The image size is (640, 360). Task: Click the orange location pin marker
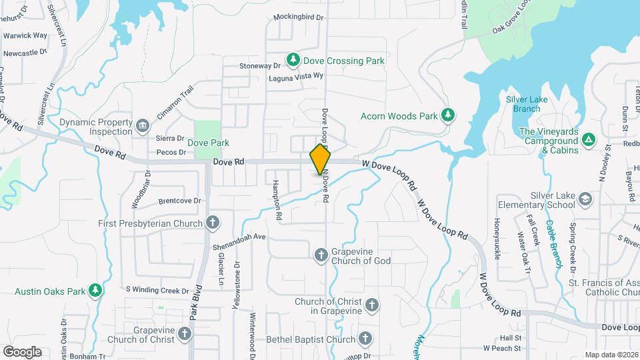point(321,160)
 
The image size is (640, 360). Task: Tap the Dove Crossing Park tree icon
point(293,61)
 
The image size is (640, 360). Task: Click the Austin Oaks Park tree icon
point(97,291)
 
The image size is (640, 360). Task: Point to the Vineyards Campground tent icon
point(588,140)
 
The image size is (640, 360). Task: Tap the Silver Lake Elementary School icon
point(585,199)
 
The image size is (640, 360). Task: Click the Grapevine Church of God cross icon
point(321,254)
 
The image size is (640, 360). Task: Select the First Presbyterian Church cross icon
point(212,223)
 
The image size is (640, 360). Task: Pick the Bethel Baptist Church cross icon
point(365,339)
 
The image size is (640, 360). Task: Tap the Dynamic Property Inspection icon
point(142,127)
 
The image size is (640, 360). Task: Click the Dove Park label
point(208,143)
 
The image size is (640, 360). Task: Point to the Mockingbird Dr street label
point(299,18)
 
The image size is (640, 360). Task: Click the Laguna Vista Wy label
point(295,77)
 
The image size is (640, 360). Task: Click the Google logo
point(22,351)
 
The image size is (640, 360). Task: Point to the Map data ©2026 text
point(611,355)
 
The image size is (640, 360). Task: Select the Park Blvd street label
point(196,304)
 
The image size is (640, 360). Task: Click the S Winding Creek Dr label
point(158,291)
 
